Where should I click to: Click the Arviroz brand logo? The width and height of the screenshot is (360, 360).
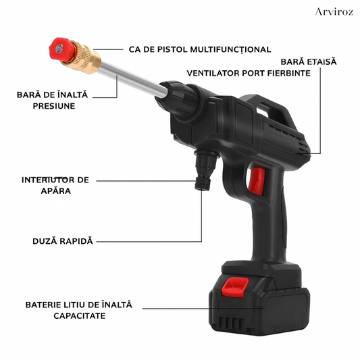tap(334, 11)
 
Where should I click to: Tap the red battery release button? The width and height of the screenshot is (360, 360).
tap(234, 287)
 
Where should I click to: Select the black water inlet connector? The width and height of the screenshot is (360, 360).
tap(205, 170)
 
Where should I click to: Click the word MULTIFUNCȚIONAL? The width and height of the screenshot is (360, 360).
tap(231, 49)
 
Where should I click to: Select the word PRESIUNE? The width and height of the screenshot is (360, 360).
tap(54, 106)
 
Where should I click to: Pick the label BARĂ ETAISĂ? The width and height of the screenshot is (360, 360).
tap(309, 61)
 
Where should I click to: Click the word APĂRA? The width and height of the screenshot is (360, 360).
tap(56, 190)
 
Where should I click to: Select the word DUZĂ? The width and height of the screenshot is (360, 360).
tap(45, 241)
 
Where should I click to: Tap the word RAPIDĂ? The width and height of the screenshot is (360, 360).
tap(76, 241)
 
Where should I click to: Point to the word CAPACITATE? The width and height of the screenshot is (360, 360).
tap(80, 315)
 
